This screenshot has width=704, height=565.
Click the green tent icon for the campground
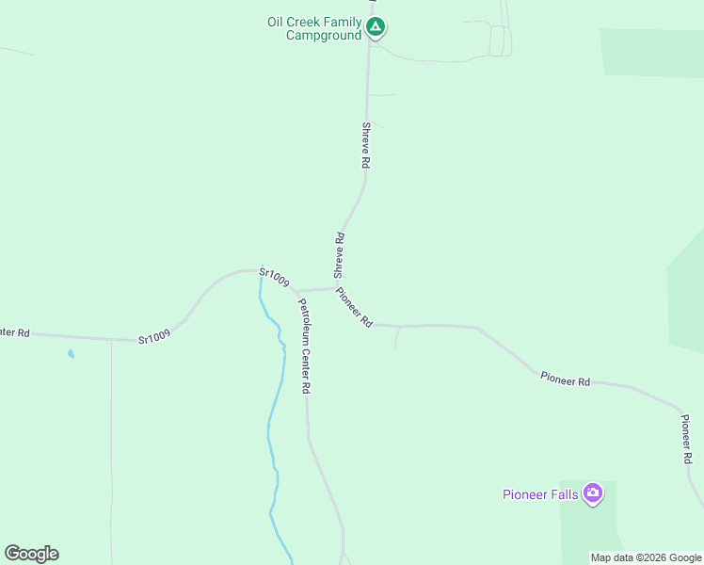[376, 26]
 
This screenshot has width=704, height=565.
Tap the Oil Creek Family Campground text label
[314, 28]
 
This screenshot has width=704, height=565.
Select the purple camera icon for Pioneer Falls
[592, 492]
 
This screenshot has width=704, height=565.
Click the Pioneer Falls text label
[541, 494]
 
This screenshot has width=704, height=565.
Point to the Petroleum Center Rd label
[305, 346]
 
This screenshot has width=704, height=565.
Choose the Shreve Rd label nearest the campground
[365, 144]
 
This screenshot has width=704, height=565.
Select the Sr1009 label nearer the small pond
[154, 336]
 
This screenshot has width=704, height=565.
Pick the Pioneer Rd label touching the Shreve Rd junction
[354, 307]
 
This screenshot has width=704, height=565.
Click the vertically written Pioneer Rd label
[687, 439]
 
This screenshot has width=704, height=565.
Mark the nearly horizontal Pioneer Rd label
[565, 379]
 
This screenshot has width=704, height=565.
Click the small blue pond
[70, 354]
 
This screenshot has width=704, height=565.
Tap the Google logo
[31, 554]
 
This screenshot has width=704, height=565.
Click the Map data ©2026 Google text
[646, 557]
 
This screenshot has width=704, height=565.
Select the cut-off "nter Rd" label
[15, 332]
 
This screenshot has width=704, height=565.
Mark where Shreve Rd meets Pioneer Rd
[336, 288]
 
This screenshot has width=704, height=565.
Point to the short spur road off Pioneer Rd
[396, 338]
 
